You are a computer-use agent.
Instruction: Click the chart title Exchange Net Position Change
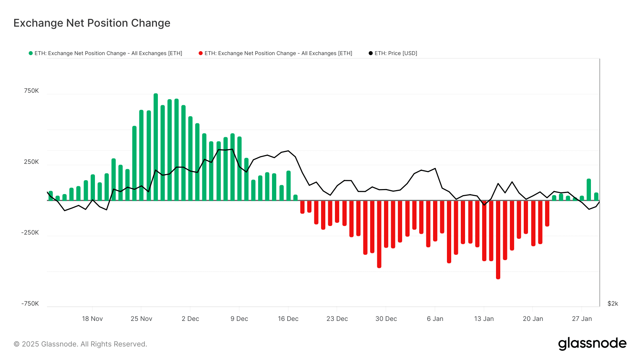tap(92, 23)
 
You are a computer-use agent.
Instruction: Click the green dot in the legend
tap(31, 53)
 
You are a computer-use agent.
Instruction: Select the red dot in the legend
tap(201, 53)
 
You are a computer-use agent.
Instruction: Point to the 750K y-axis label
tap(31, 91)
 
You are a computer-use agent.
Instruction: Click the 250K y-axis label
tap(31, 162)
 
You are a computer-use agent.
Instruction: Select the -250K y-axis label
tap(30, 233)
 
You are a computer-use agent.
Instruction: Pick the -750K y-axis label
tap(30, 304)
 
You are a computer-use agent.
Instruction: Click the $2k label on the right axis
tap(613, 304)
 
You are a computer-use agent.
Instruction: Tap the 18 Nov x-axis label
tap(92, 319)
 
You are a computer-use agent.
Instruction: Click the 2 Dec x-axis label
tap(190, 319)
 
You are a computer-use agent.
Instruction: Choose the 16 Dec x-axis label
tap(288, 319)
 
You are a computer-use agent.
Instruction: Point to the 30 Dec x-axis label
tap(386, 319)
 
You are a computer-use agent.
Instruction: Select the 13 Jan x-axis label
tap(484, 319)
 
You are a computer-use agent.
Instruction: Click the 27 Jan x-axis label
tap(582, 319)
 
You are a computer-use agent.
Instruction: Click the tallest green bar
tap(156, 147)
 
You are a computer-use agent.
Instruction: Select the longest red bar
tap(498, 240)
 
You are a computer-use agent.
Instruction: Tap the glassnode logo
tap(592, 344)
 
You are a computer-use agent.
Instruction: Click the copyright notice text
tap(80, 344)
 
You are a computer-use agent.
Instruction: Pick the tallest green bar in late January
tap(589, 190)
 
